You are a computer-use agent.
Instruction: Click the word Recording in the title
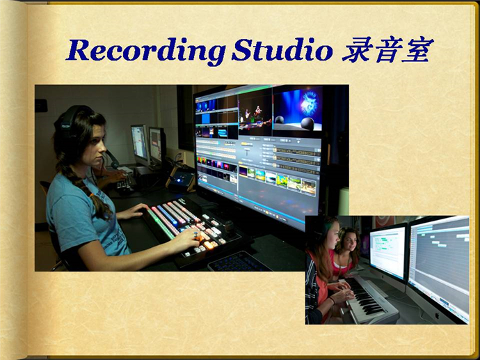click(x=145, y=51)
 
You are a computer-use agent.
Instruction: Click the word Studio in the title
click(x=282, y=49)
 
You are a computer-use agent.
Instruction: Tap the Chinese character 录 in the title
click(x=357, y=49)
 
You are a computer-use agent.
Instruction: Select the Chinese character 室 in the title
click(x=418, y=49)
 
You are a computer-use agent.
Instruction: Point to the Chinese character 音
click(x=387, y=49)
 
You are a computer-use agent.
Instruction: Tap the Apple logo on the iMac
click(x=437, y=315)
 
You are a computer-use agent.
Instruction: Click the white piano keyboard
click(x=367, y=299)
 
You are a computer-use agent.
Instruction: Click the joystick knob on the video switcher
click(x=229, y=226)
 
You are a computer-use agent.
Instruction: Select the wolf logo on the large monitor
click(x=308, y=102)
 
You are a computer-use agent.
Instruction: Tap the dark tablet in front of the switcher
click(x=239, y=261)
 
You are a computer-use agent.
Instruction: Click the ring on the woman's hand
click(x=195, y=235)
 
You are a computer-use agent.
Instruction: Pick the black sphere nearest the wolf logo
click(x=307, y=123)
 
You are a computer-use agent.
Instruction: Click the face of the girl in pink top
click(x=349, y=242)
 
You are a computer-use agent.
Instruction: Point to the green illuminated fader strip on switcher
click(x=161, y=224)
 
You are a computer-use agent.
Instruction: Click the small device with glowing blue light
click(x=182, y=180)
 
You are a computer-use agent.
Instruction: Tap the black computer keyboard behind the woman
click(x=125, y=183)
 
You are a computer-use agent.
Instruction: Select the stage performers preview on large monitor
click(x=255, y=116)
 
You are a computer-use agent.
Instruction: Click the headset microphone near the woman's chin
click(x=113, y=159)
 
